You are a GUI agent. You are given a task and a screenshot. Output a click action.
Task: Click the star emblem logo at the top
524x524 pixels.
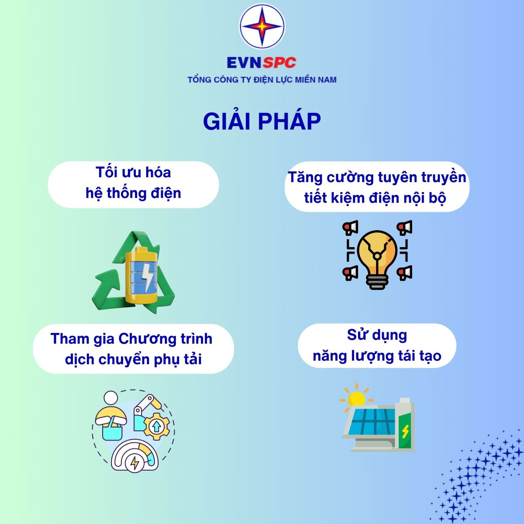262,26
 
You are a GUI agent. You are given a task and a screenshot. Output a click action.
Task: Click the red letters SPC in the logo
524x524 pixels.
279,62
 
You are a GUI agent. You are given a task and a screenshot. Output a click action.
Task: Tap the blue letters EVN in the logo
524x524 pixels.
244,62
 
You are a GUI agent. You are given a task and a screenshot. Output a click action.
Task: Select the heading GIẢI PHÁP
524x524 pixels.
262,121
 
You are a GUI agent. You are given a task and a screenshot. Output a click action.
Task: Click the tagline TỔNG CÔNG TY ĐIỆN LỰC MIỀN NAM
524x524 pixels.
262,79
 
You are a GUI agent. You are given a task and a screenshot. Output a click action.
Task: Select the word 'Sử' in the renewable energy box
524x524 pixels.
355,335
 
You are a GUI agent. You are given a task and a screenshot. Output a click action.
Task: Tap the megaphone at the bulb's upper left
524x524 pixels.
350,228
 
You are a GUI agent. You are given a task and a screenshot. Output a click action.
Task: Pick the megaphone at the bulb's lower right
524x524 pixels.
405,273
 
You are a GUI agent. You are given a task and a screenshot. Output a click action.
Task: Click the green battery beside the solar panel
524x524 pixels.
405,425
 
